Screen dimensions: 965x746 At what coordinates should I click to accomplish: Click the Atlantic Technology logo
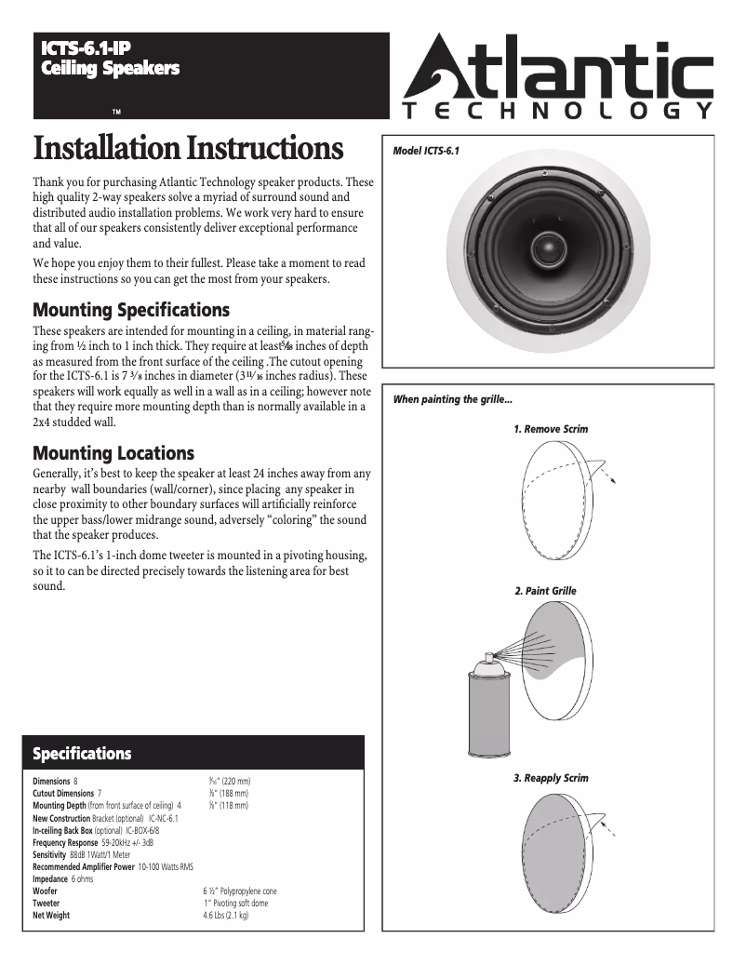tap(558, 80)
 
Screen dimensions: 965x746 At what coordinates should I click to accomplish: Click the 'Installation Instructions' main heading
tap(188, 149)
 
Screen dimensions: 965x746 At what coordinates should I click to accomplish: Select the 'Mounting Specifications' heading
tap(131, 309)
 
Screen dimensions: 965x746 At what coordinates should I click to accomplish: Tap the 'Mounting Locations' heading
tap(113, 453)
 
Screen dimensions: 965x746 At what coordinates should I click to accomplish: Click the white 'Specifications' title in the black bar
tap(82, 753)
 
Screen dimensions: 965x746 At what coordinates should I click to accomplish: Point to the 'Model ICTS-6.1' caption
tap(427, 151)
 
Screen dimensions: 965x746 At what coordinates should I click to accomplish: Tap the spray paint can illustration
tap(486, 703)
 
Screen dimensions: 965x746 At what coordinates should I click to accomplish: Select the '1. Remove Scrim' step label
tap(551, 429)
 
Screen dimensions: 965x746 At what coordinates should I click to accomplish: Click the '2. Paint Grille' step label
tap(545, 591)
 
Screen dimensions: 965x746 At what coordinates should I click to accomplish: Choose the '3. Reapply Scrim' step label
tap(551, 777)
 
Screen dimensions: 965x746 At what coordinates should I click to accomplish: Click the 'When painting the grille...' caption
tap(452, 399)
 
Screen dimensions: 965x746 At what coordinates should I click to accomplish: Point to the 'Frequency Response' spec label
tap(66, 841)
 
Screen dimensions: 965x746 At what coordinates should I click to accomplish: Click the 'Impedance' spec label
tap(50, 878)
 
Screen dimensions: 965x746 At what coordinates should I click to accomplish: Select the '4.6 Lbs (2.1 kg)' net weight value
tap(226, 915)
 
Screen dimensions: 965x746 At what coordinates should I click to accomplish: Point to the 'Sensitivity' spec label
tap(49, 853)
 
